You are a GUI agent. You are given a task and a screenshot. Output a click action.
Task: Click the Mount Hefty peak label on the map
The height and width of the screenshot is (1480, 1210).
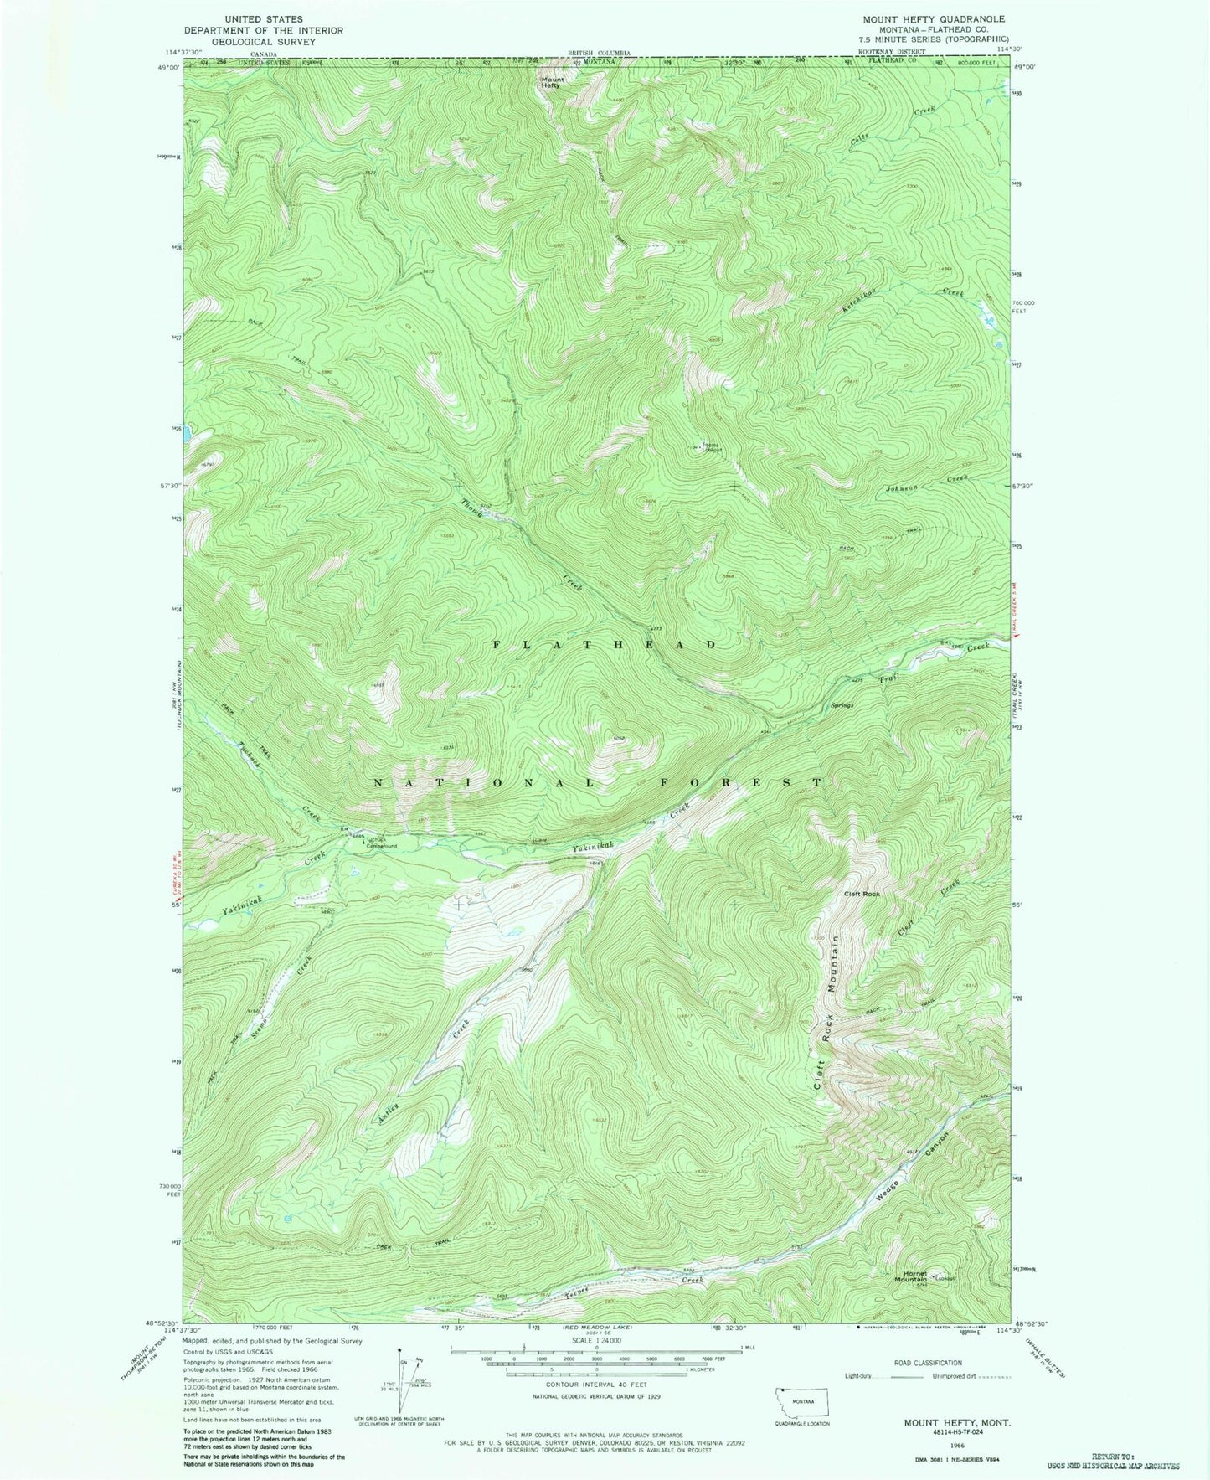pos(550,82)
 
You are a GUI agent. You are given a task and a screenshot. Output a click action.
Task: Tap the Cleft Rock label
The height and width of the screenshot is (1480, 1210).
pos(862,894)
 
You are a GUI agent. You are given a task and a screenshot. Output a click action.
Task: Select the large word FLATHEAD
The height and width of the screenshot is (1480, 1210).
pos(605,644)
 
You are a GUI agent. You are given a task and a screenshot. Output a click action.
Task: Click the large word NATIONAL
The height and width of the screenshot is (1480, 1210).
pos(484,782)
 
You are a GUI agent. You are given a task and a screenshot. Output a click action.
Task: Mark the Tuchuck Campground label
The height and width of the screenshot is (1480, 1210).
pos(380,843)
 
